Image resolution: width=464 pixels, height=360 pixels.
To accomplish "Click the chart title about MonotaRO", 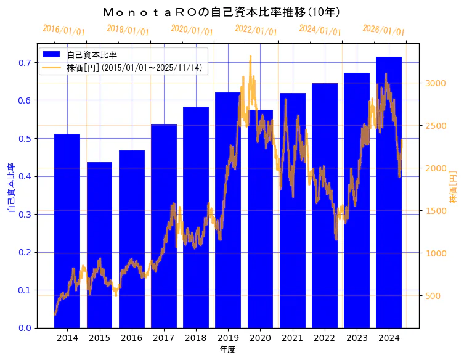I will point(222,12).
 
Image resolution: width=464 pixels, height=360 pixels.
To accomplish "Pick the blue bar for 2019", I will point(228,210).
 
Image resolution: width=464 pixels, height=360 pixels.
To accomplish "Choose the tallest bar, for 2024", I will point(389,192).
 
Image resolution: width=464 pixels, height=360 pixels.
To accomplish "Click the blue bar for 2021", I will point(292,210).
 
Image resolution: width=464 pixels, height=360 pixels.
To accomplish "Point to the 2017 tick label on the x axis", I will point(164,338).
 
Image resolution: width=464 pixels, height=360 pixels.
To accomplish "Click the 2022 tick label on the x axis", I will point(324,338).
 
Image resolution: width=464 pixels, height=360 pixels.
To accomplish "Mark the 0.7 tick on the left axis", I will point(24,63).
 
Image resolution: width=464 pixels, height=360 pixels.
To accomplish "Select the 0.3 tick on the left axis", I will point(24,215).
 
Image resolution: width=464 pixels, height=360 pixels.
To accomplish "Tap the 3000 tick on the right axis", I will point(435,83).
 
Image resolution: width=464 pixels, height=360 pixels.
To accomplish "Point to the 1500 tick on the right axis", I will point(435,211).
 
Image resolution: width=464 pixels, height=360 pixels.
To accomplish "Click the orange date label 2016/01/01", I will point(63,30).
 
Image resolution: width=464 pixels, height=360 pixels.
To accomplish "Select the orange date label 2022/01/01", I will point(256,30).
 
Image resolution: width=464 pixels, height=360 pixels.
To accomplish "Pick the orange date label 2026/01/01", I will point(383,30).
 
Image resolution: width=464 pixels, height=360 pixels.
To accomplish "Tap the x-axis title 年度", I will point(227,350).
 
